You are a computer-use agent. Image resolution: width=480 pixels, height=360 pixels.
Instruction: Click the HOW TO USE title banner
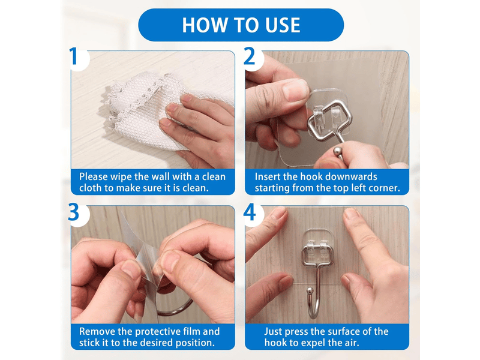(241, 25)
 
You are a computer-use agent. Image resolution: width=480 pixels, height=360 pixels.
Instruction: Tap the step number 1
(73, 56)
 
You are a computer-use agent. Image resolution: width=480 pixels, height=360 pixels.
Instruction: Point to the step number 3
(73, 212)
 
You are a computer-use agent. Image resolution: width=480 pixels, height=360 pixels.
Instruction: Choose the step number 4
(250, 212)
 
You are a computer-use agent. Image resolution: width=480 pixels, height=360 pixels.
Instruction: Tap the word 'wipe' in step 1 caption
(121, 177)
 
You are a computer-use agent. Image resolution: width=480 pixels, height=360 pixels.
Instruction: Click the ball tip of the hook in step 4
(310, 290)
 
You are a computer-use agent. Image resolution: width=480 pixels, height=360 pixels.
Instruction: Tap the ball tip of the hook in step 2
(338, 152)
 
